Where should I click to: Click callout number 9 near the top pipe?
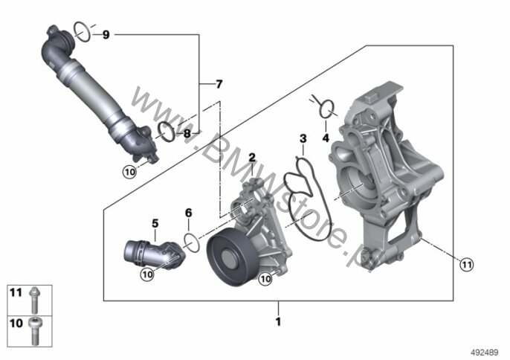pyautogui.click(x=106, y=35)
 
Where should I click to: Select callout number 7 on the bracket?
pyautogui.click(x=219, y=83)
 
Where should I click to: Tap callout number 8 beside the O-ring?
pyautogui.click(x=187, y=134)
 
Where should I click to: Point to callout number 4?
pyautogui.click(x=325, y=138)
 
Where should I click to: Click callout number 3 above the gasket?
pyautogui.click(x=303, y=138)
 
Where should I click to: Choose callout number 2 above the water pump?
pyautogui.click(x=252, y=157)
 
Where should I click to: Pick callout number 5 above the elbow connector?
pyautogui.click(x=155, y=222)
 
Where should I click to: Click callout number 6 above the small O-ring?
pyautogui.click(x=189, y=212)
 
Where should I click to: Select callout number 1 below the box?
pyautogui.click(x=278, y=322)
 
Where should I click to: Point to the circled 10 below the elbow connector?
pyautogui.click(x=147, y=274)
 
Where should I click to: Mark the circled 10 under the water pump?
pyautogui.click(x=264, y=279)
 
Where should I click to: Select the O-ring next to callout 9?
pyautogui.click(x=83, y=31)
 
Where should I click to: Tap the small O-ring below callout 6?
pyautogui.click(x=190, y=242)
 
